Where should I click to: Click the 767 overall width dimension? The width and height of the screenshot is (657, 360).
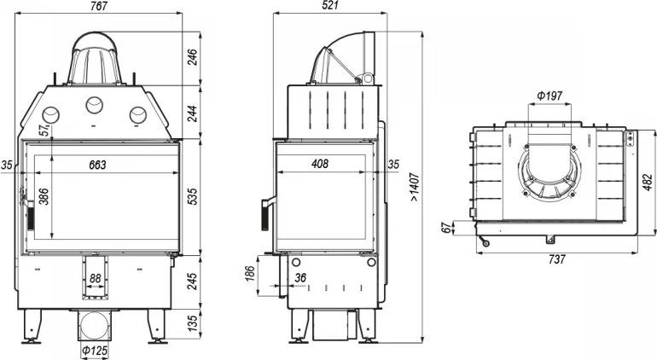99,6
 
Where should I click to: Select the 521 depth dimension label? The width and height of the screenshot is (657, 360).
330,5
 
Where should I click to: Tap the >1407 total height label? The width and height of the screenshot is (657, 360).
415,187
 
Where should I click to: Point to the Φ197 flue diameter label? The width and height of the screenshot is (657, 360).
549,96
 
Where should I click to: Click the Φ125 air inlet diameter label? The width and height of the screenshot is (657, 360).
95,351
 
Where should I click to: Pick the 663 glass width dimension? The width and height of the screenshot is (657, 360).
97,165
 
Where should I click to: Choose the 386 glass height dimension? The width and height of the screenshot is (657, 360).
44,196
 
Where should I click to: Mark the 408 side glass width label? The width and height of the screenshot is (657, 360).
320,164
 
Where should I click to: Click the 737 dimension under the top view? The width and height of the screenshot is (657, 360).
557,259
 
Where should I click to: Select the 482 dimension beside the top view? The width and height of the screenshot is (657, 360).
648,183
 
